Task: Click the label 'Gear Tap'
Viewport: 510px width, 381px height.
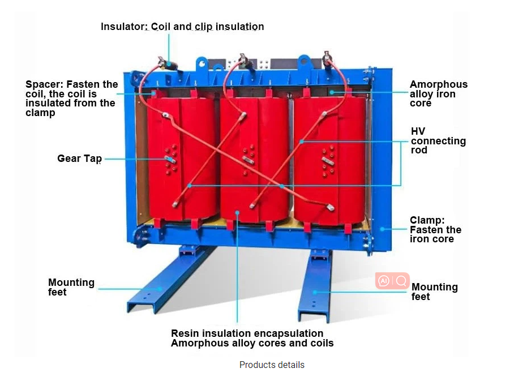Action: tap(79, 159)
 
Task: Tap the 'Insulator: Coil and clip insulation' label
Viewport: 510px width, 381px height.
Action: tap(182, 27)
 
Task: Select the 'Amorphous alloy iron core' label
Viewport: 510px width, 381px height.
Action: tap(439, 94)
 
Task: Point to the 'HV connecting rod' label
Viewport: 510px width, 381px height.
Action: tap(438, 141)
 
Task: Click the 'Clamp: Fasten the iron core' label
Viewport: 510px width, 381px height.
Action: tap(435, 229)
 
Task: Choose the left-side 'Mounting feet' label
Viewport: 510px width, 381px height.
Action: tap(71, 287)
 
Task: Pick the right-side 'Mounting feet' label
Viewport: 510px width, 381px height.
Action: tap(434, 292)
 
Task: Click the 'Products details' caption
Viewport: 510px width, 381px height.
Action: tap(272, 365)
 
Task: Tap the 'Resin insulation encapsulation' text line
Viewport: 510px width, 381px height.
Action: tap(247, 333)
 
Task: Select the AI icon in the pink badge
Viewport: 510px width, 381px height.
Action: tap(384, 281)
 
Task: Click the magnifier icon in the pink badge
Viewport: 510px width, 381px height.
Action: tap(401, 281)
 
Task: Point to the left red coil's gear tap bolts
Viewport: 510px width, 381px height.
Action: tap(170, 160)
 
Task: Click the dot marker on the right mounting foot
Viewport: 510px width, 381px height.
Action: tap(315, 293)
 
